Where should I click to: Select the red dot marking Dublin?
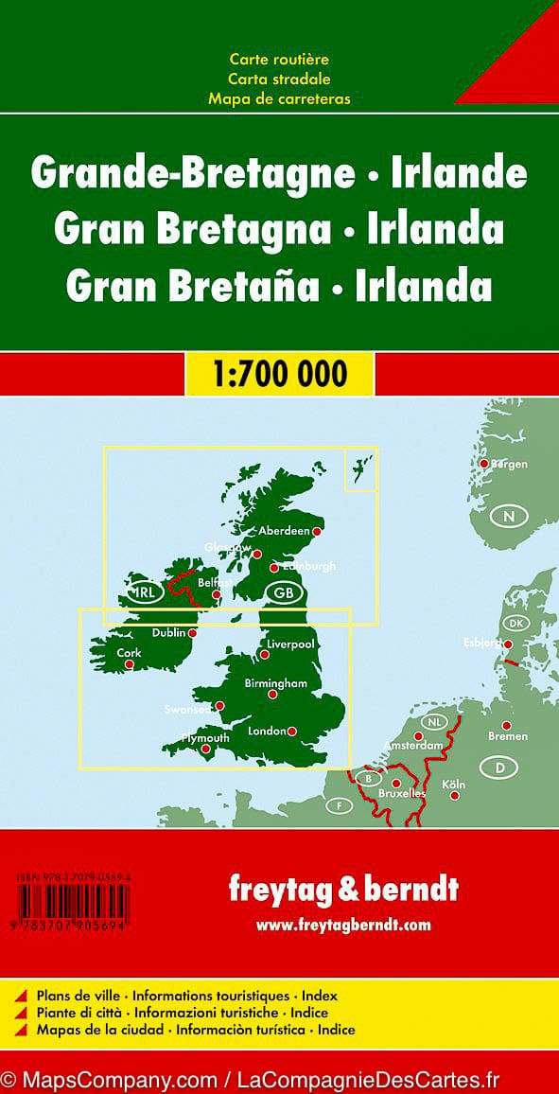point(193,633)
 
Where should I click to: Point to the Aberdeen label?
point(284,531)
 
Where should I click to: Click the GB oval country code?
point(283,592)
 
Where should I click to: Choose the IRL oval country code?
point(145,593)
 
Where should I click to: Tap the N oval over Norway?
point(509,516)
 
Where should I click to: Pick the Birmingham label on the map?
point(276,682)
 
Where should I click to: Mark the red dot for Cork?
point(130,664)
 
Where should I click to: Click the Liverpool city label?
point(290,644)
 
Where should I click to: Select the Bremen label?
point(507,736)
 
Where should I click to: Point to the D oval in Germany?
point(498,768)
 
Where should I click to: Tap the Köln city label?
point(453,785)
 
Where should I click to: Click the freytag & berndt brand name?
point(343,889)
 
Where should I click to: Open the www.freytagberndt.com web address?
point(343,924)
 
